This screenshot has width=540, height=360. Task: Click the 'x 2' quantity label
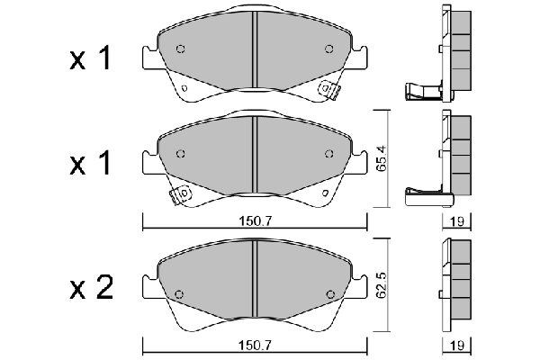(x=90, y=288)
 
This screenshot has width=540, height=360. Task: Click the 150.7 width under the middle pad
(x=256, y=220)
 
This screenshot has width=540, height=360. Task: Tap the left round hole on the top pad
(x=180, y=49)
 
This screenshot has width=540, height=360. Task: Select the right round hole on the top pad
(x=329, y=49)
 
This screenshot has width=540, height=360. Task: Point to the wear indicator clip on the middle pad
(x=181, y=193)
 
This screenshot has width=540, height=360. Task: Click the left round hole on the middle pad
(x=180, y=154)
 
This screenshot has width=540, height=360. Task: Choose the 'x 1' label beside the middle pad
(x=90, y=165)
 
